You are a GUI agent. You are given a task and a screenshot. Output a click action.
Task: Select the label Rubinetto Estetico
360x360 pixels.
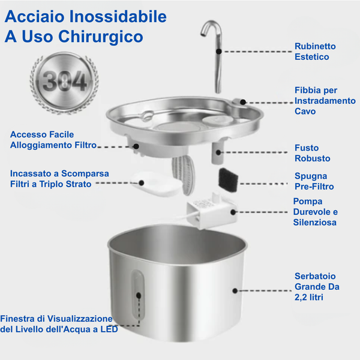[315, 51]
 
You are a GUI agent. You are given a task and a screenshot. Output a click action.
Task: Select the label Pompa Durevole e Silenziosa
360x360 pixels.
[316, 211]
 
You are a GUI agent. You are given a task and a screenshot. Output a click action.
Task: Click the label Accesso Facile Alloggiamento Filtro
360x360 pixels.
[49, 139]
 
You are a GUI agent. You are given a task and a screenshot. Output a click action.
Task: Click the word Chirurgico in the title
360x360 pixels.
[100, 37]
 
